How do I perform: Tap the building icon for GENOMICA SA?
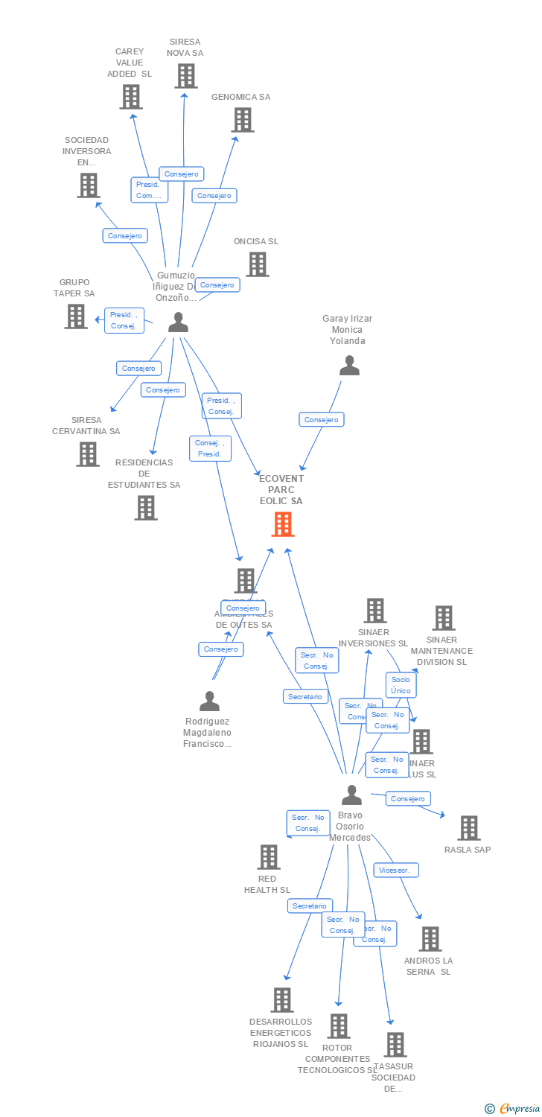[242, 120]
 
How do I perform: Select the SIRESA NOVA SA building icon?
[186, 76]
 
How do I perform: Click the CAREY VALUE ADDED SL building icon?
[131, 97]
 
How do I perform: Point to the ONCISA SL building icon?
[258, 264]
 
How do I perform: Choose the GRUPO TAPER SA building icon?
[76, 316]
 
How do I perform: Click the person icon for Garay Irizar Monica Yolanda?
[349, 366]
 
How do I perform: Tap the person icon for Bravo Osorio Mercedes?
[351, 795]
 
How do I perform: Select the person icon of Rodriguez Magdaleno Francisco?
[209, 701]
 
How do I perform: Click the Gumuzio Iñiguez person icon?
[178, 322]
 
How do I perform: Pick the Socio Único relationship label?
[401, 685]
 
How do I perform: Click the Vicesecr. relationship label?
[396, 870]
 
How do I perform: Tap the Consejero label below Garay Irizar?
[322, 420]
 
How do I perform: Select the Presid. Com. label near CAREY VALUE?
[149, 190]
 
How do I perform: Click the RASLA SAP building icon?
[468, 828]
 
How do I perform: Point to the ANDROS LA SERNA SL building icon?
[430, 939]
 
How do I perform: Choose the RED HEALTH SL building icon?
[269, 857]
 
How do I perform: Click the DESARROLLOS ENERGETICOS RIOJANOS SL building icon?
[282, 1000]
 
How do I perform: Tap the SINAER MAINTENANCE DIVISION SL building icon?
[444, 618]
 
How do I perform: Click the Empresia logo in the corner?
[513, 1109]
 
